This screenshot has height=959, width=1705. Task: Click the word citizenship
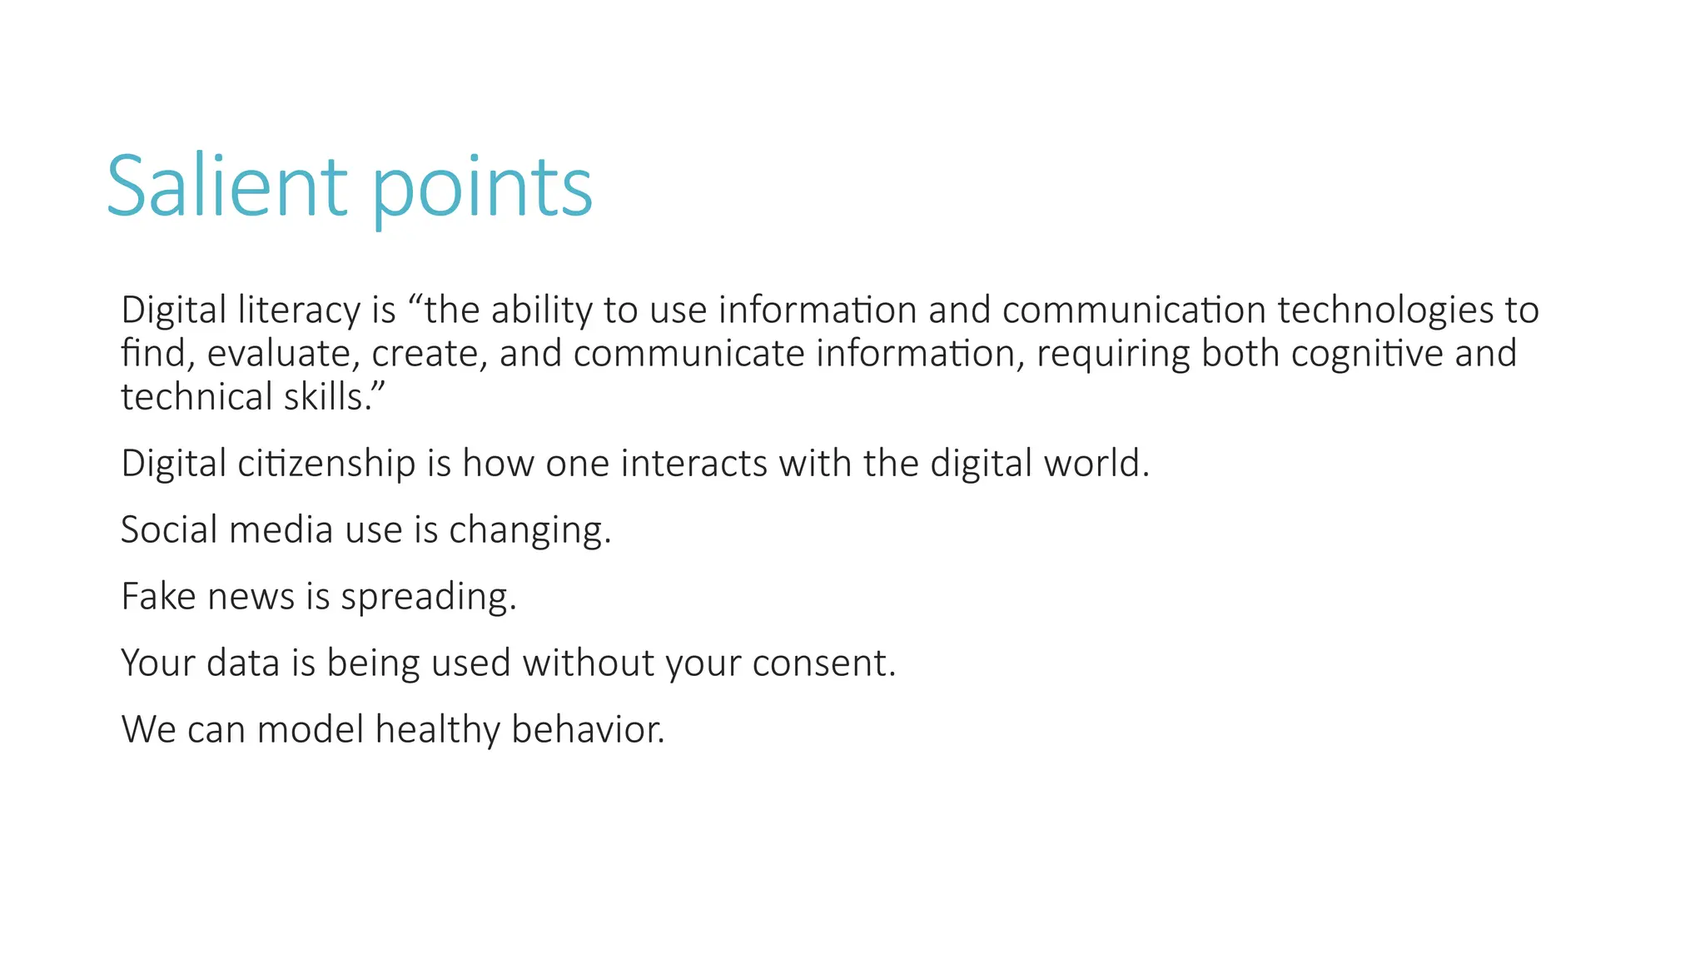(x=326, y=464)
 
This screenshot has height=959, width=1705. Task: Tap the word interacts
(x=693, y=464)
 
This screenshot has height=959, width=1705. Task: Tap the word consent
(x=823, y=663)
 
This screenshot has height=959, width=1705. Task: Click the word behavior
(x=588, y=730)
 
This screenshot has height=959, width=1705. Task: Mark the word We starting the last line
(x=148, y=730)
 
